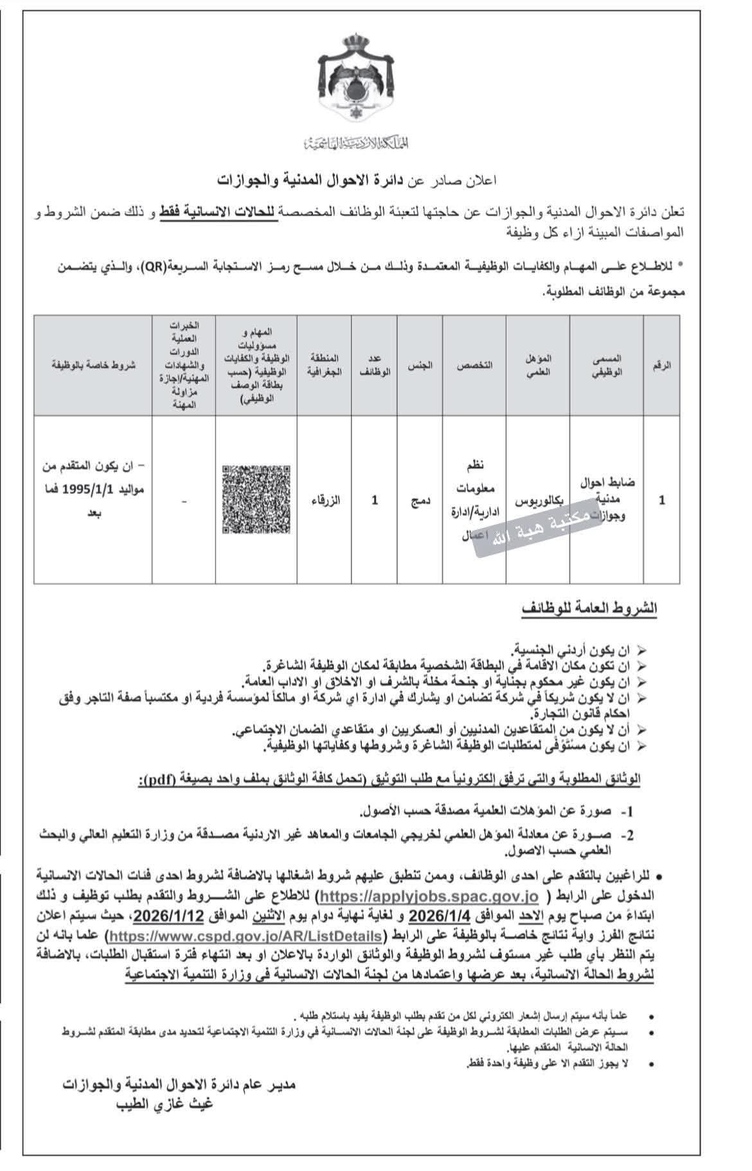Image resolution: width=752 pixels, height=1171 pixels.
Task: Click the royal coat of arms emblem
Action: tap(355, 81)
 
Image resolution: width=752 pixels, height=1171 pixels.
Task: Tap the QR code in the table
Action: tap(256, 499)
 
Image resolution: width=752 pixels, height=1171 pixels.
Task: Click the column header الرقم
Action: tap(661, 365)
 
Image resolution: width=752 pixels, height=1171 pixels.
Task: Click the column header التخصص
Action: tap(474, 365)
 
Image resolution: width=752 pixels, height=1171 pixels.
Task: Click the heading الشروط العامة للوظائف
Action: tap(589, 608)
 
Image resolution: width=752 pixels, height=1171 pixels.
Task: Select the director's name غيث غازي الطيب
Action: tap(163, 1105)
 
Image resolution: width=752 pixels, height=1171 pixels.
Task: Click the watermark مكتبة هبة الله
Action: tap(538, 536)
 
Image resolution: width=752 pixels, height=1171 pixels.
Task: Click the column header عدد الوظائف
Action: tap(375, 365)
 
